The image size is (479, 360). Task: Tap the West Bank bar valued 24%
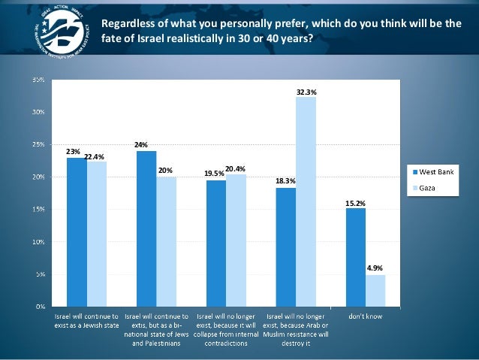(146, 228)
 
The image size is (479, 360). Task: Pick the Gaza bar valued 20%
(167, 241)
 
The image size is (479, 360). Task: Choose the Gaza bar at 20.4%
(236, 240)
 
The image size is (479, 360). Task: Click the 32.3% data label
(306, 92)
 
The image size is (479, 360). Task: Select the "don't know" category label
(366, 316)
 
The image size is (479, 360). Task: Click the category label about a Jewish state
(86, 320)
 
